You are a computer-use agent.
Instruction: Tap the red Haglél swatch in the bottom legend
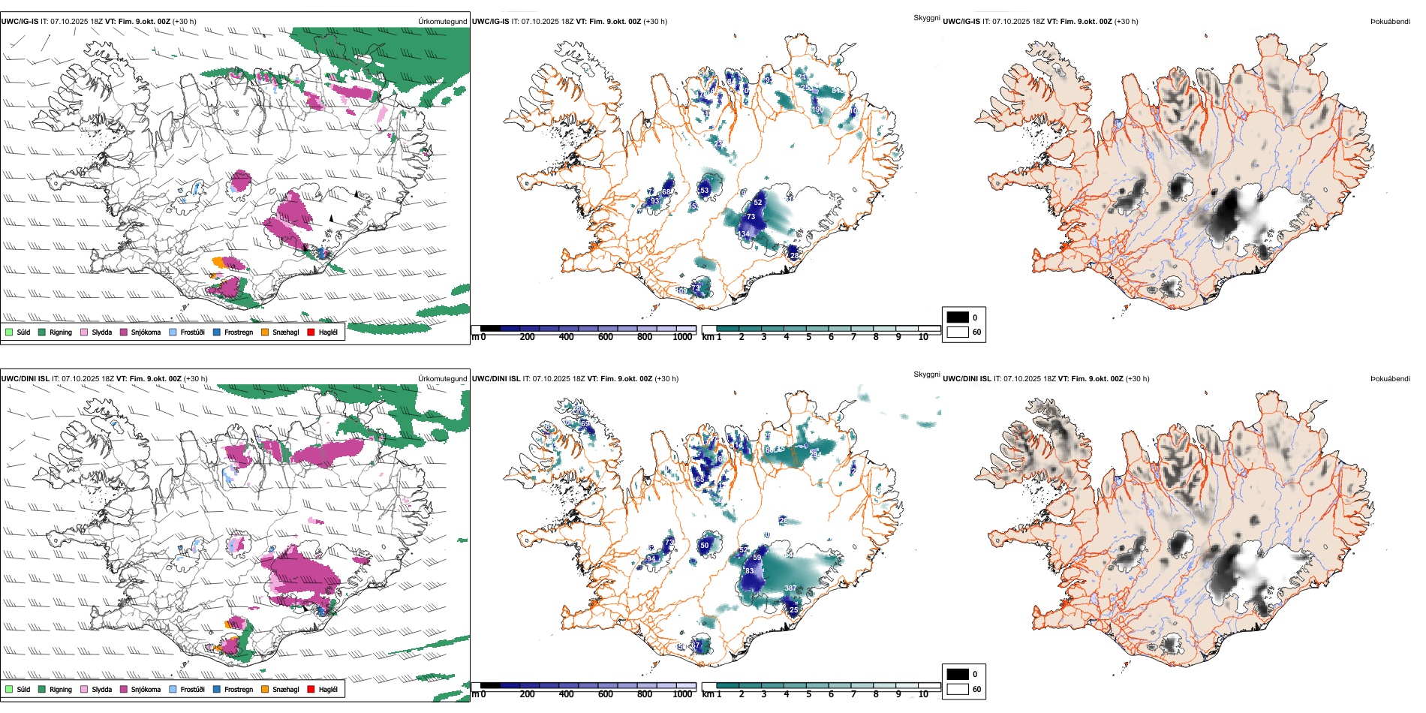[311, 689]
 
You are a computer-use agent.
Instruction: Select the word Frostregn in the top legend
[238, 332]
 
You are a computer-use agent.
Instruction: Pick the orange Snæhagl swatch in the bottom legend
[265, 689]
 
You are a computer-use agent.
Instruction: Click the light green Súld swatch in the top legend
[9, 332]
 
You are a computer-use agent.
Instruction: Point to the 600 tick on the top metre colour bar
[606, 337]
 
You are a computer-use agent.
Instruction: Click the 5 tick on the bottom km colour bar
[809, 694]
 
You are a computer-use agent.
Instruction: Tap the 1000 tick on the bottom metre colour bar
[682, 694]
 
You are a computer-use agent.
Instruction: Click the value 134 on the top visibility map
[744, 234]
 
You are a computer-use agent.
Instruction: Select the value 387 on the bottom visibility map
[790, 588]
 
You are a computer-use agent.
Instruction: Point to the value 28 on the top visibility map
[795, 256]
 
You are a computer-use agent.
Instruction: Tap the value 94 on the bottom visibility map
[651, 558]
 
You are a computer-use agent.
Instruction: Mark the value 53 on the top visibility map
[704, 191]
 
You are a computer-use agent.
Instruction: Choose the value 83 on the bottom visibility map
[749, 571]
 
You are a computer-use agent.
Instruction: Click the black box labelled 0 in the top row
[958, 317]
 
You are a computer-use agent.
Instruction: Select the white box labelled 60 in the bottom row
[958, 689]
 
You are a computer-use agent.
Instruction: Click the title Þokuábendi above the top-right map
[1390, 22]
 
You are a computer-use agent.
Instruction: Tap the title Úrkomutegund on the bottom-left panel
[442, 379]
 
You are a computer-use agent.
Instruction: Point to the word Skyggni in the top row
[926, 17]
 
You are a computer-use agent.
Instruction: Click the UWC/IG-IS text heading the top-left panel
[20, 22]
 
